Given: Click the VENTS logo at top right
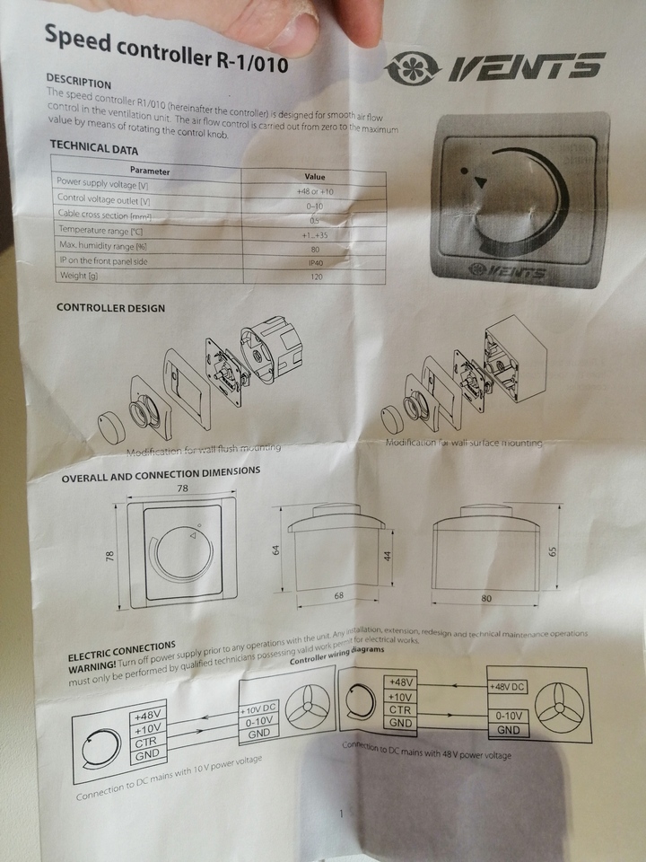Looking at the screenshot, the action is (495, 66).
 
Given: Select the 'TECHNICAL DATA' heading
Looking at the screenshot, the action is (93, 149).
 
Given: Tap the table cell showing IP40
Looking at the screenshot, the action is (315, 262).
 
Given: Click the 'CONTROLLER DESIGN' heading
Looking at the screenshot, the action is (110, 308).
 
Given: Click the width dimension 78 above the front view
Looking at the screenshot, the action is (182, 488).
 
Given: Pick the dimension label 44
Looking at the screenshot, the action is (388, 556).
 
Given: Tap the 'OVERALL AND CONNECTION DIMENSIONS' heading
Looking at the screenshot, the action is (161, 474).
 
